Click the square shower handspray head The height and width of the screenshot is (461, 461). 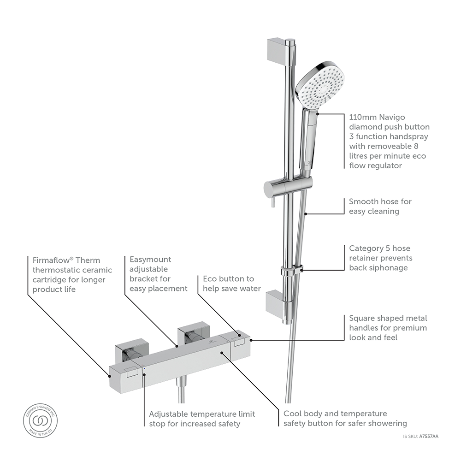click(319, 86)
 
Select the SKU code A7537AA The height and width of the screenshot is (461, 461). click(428, 436)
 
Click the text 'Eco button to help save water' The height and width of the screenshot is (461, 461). click(231, 284)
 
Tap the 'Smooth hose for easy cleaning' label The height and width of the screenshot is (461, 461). click(380, 207)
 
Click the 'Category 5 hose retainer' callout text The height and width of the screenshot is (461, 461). click(380, 258)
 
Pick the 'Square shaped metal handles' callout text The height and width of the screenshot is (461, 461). click(388, 328)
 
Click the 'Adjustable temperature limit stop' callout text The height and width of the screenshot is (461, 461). click(201, 419)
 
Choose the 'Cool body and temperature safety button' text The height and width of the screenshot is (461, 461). click(345, 419)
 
